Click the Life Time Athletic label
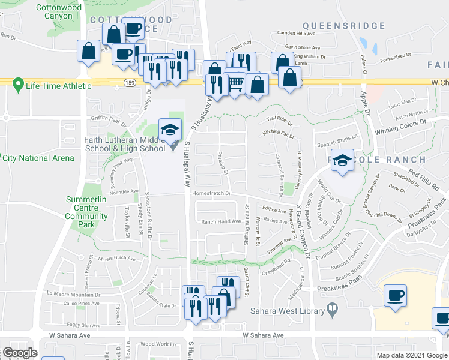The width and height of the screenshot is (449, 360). [x=59, y=86]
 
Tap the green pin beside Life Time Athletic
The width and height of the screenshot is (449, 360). [x=18, y=85]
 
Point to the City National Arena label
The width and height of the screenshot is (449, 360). [x=38, y=158]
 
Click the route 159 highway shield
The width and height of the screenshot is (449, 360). [x=129, y=82]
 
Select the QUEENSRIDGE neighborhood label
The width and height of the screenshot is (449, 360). [x=343, y=26]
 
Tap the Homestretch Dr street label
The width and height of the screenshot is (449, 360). [x=211, y=193]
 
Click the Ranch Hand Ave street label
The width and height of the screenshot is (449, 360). [x=220, y=221]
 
